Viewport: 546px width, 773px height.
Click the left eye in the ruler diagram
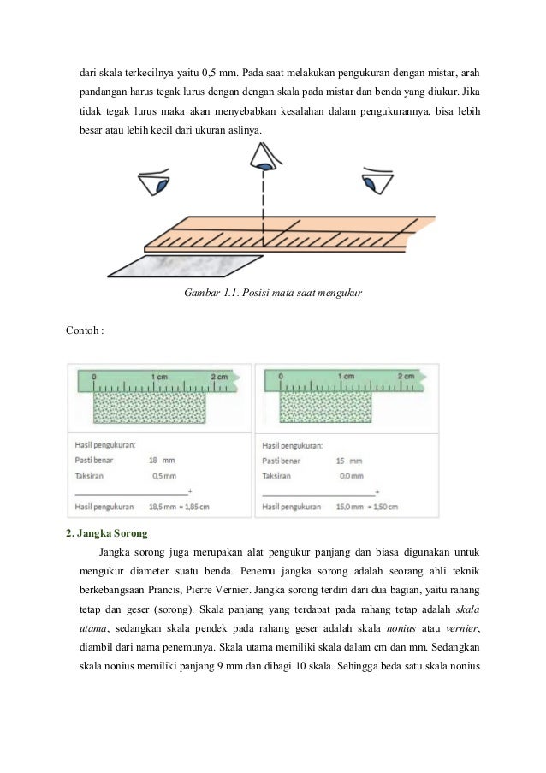point(158,185)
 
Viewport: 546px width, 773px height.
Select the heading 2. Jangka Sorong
point(107,532)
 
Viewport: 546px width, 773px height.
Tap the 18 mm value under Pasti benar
point(160,461)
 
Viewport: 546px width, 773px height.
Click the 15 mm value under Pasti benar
point(348,461)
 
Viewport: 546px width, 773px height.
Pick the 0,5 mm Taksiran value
point(163,475)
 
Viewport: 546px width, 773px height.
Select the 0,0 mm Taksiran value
point(350,475)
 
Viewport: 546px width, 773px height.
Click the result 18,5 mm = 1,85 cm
point(179,507)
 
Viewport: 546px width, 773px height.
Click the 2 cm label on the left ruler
point(218,377)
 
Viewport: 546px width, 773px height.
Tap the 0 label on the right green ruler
point(282,377)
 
